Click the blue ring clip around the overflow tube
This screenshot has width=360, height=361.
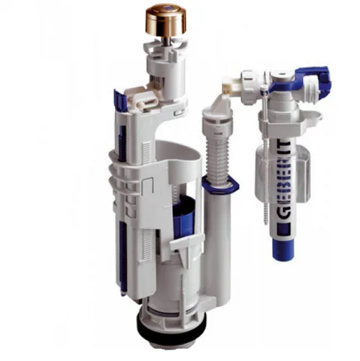click(x=220, y=183)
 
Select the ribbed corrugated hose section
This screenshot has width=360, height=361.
click(x=217, y=156)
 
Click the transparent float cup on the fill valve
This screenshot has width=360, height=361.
click(x=283, y=173)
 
